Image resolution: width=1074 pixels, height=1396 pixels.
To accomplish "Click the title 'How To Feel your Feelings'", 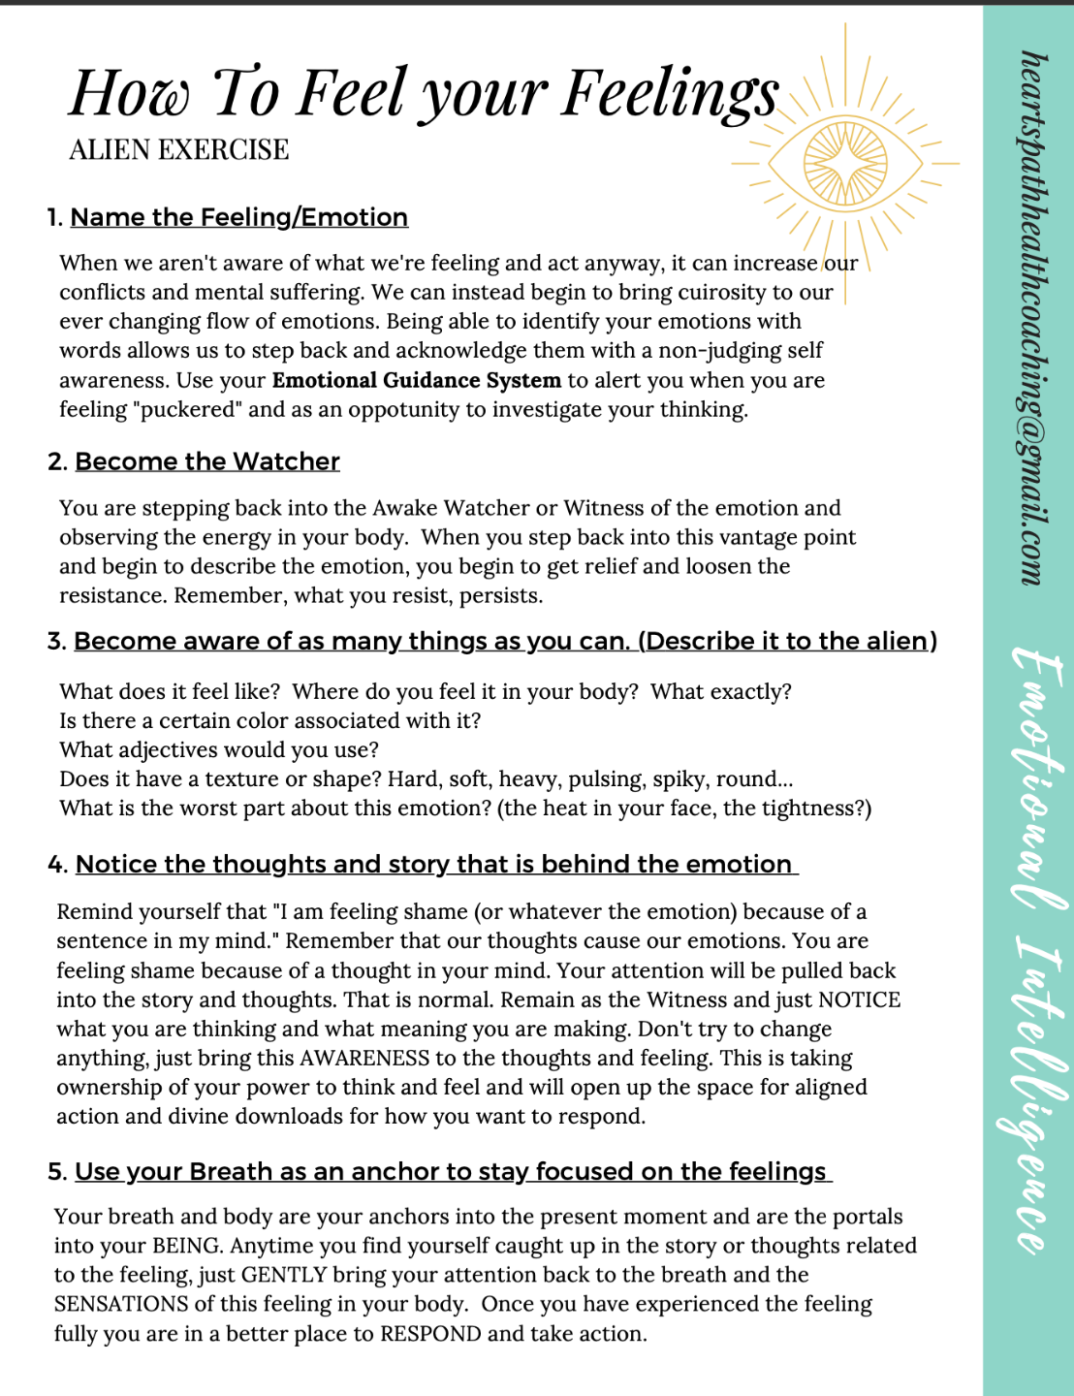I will (424, 94).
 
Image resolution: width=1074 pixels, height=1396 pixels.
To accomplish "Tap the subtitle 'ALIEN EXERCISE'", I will (179, 150).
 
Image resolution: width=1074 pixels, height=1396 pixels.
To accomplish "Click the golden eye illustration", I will (845, 162).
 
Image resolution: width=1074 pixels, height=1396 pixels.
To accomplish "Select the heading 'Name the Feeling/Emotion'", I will (238, 217).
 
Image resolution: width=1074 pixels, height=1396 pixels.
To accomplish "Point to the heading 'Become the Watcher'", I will (207, 461).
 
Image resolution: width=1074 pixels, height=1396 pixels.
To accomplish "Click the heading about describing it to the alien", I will (505, 642).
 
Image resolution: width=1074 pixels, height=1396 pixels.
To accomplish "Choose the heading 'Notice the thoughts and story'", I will (433, 864).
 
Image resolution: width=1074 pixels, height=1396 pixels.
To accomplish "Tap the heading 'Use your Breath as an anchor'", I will (451, 1171).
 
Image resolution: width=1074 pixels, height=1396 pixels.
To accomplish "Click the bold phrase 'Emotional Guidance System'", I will (416, 380).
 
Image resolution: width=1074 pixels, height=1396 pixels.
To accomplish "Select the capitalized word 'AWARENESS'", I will (364, 1058).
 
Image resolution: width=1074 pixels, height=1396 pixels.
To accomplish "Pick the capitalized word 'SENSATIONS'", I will (121, 1304).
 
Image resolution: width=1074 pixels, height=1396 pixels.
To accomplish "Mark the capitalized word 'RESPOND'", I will (430, 1334).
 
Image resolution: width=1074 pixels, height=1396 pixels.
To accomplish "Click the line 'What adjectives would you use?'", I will (219, 749).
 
